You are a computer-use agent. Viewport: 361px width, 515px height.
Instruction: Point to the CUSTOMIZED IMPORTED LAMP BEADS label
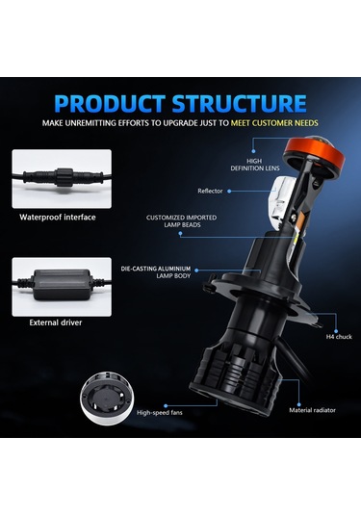pos(182,221)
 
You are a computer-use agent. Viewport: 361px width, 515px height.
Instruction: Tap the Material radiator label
pos(312,411)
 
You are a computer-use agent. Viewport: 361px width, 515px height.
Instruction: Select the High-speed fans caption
pos(163,412)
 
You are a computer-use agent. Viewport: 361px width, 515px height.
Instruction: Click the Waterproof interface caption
pos(58,217)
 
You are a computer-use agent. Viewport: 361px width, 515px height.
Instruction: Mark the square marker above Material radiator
pos(301,386)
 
